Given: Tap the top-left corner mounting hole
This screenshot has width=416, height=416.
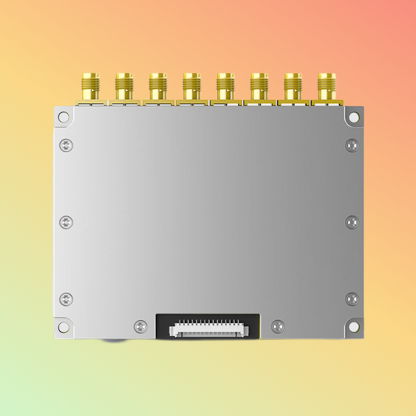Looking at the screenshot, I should (x=63, y=117).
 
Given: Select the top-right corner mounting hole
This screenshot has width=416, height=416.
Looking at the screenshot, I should (x=354, y=117).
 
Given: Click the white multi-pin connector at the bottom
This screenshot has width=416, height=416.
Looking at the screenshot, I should (x=208, y=328).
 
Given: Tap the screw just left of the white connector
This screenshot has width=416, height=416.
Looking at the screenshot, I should (x=140, y=326).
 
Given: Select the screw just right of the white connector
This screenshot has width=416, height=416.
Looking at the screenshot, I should (x=276, y=326).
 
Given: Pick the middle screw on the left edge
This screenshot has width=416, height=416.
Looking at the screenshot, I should (x=66, y=222).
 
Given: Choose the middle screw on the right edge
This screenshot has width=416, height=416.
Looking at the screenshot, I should (x=351, y=222).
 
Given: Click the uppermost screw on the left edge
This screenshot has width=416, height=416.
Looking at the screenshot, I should (x=66, y=145).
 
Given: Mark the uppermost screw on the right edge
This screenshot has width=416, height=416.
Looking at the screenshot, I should (x=351, y=145).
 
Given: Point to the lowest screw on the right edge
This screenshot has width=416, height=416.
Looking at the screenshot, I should (x=351, y=298).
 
